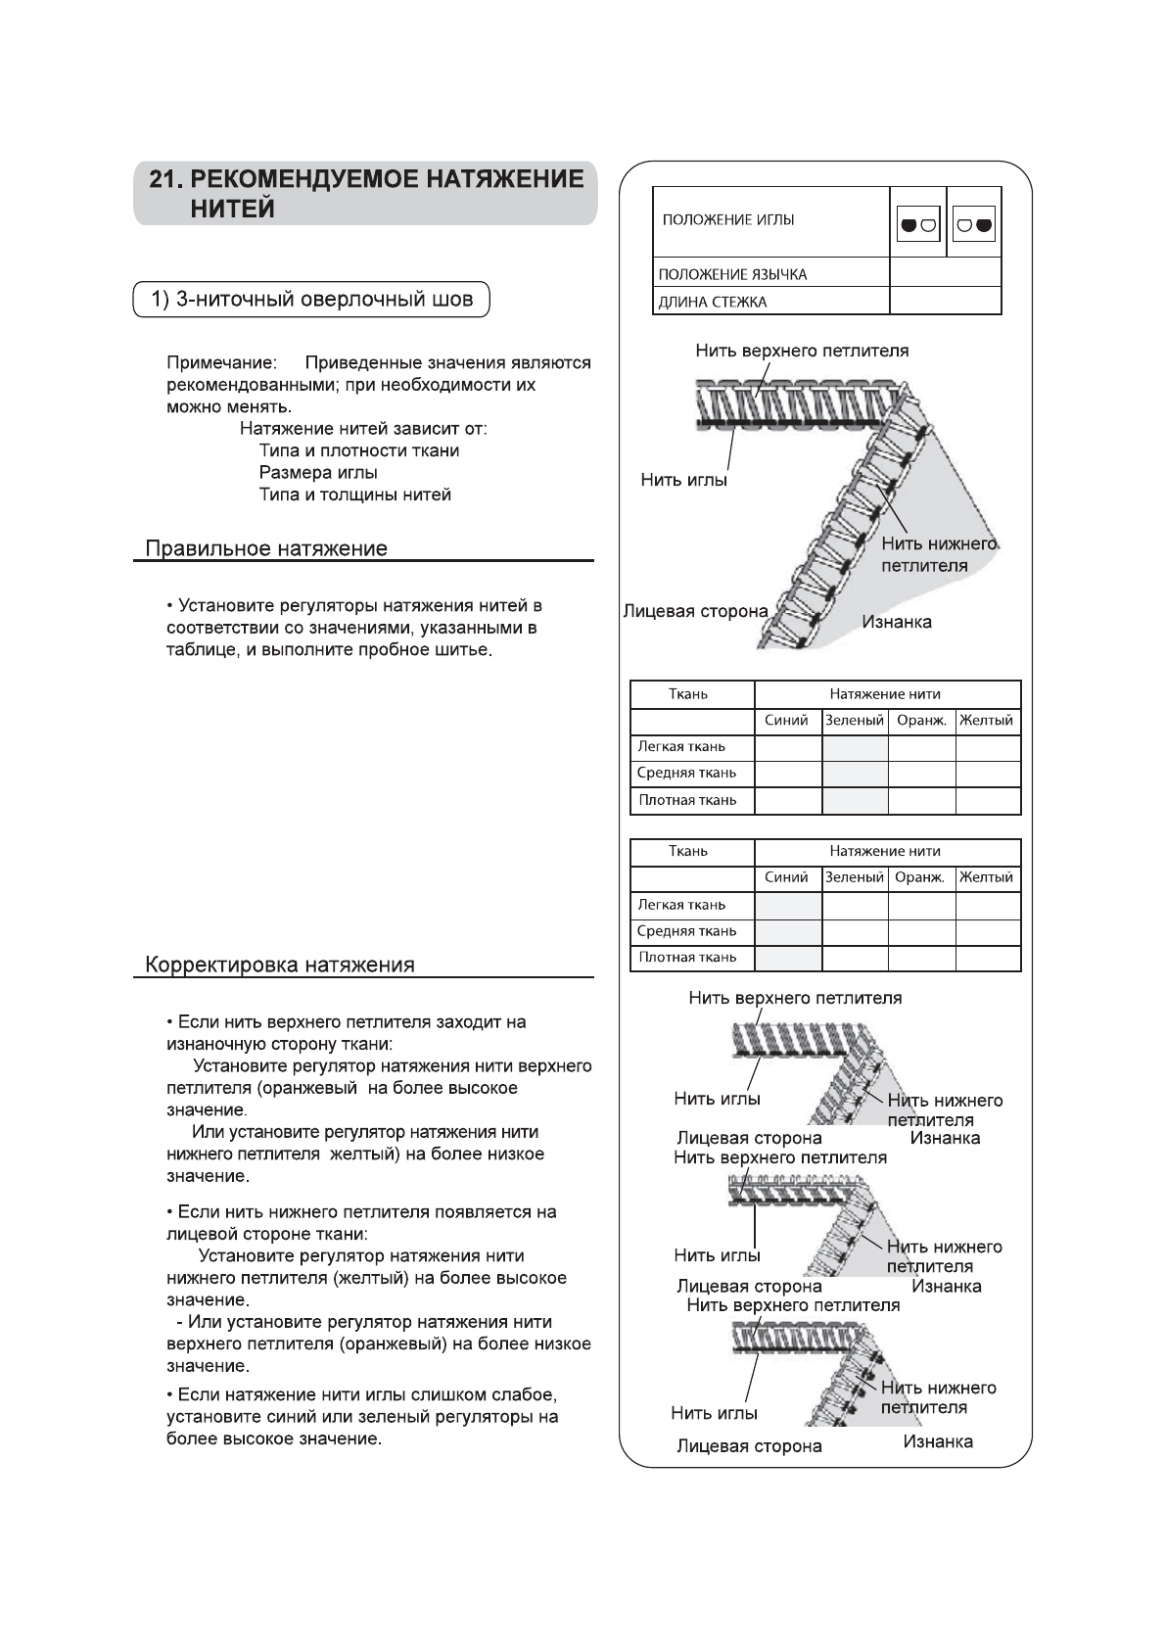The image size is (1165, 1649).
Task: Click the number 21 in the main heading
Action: pos(163,180)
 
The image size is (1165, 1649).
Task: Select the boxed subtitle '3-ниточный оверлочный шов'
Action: pos(311,300)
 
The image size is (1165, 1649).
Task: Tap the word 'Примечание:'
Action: pos(221,363)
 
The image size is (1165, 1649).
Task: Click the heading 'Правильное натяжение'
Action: pos(266,549)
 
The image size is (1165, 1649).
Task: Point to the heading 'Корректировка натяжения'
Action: pos(280,966)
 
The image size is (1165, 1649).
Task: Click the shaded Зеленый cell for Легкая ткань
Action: pos(855,748)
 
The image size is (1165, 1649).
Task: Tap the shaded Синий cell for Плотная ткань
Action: pos(788,959)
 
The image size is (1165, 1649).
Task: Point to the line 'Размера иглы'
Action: pos(318,473)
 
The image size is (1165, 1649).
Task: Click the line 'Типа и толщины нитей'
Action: pos(354,495)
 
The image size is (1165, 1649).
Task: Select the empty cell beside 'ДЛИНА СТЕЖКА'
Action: pos(945,301)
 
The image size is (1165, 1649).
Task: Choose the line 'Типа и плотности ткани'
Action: pos(358,451)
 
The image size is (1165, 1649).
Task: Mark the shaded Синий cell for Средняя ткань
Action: pos(788,932)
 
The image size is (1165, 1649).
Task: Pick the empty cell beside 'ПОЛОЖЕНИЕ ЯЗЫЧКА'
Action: pos(945,272)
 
